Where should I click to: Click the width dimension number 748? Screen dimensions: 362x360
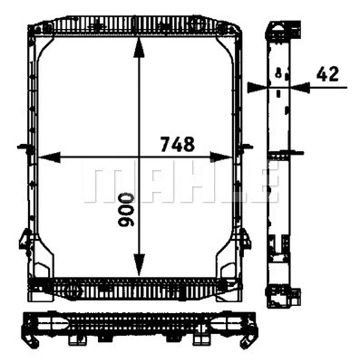click(177, 144)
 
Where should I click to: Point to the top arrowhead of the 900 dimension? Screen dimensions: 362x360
click(138, 43)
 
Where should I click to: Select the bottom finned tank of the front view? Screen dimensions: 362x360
click(138, 288)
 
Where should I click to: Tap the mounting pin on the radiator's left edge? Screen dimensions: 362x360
click(20, 144)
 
